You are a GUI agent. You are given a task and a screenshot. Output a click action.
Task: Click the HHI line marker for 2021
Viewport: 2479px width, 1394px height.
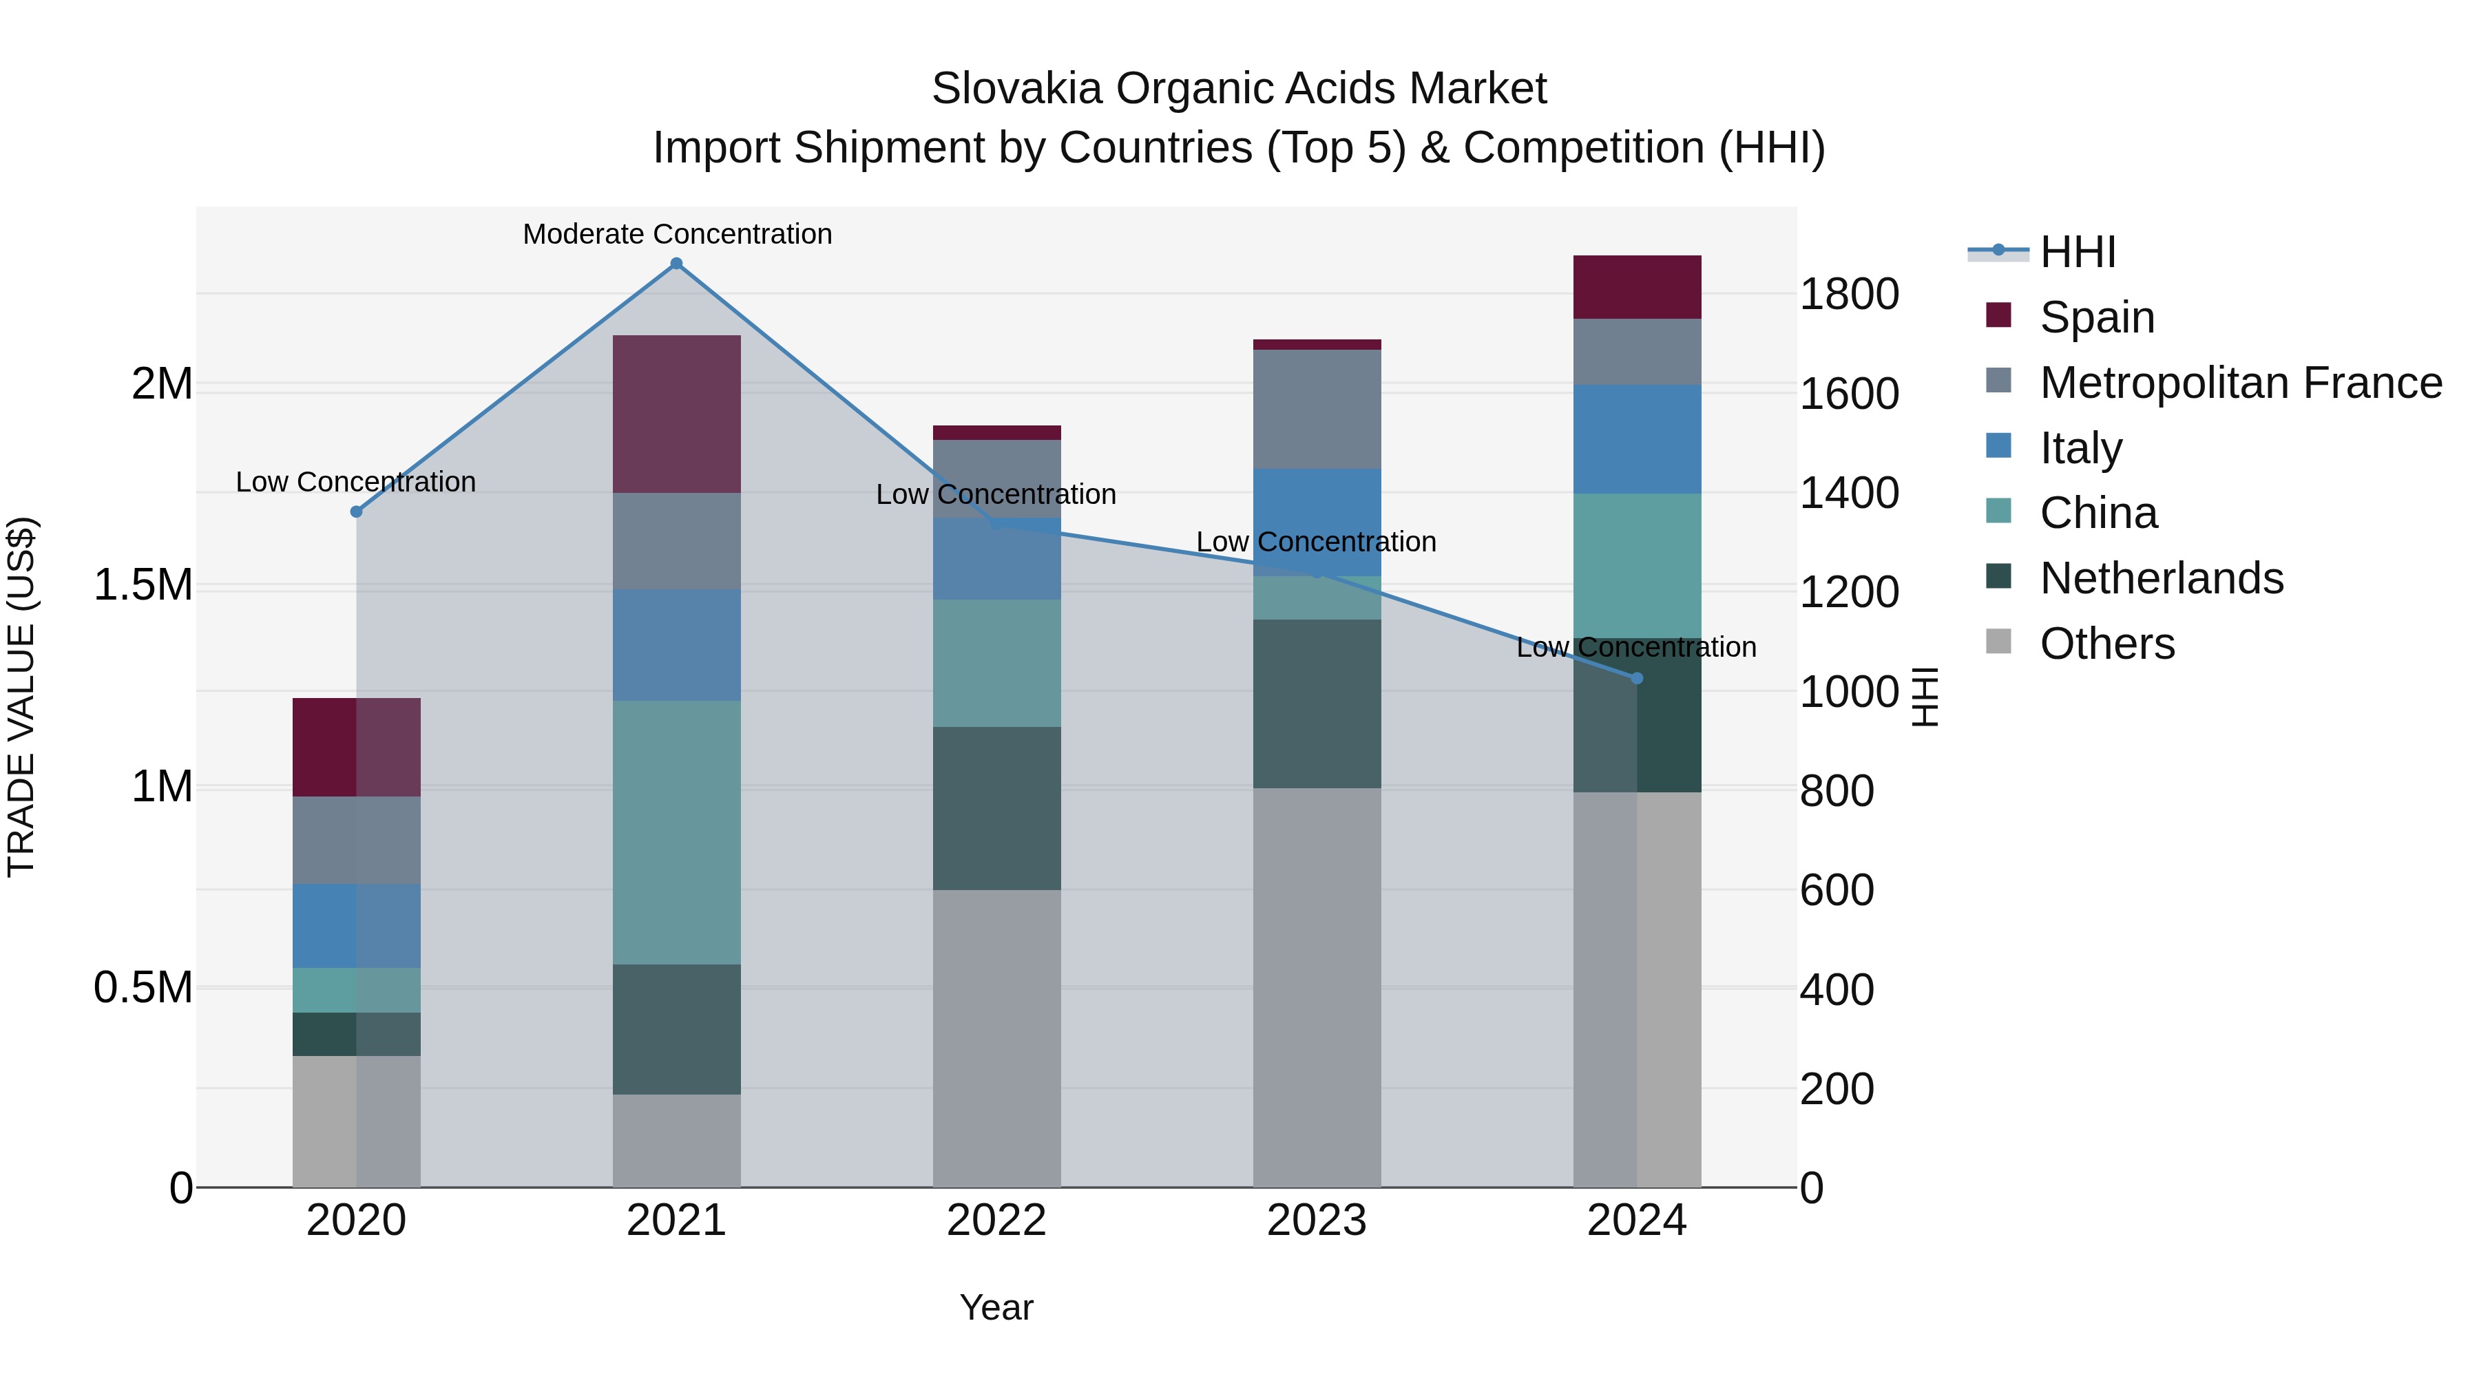(676, 264)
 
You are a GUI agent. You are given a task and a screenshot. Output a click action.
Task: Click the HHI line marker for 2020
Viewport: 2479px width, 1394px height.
(356, 511)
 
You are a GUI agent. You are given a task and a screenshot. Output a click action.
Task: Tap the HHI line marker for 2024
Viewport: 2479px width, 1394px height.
(1637, 678)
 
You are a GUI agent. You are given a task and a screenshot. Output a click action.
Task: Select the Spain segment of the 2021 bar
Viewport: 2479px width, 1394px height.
(676, 414)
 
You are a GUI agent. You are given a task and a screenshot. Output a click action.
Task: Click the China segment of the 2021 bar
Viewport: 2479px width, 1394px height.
(676, 832)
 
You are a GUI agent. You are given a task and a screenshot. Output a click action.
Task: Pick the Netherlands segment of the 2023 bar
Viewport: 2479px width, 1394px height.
(1317, 704)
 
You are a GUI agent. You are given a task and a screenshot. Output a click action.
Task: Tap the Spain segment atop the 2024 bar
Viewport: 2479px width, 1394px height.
(1637, 286)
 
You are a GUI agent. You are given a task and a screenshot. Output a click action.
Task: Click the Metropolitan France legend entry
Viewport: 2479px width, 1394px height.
(2240, 383)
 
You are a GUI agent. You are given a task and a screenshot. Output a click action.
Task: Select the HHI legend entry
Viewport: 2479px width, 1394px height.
(2077, 252)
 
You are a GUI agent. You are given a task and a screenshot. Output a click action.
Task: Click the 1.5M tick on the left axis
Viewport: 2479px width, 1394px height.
(143, 585)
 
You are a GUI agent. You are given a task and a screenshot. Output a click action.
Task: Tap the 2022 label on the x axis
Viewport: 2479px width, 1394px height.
(997, 1221)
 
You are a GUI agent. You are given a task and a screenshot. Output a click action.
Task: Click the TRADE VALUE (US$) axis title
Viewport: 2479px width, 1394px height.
(21, 697)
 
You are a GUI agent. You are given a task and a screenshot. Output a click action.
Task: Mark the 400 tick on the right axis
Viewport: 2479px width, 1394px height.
(1836, 989)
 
